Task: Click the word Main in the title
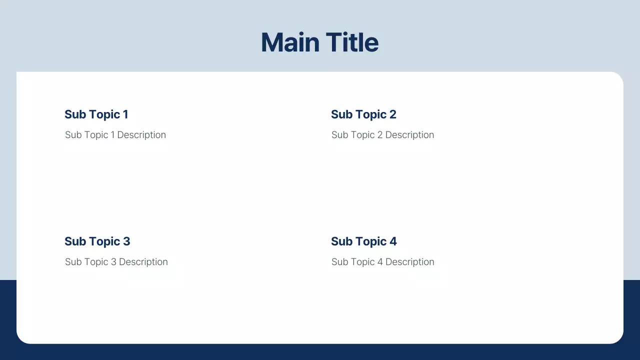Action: tap(290, 42)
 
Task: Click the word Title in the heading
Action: tap(352, 42)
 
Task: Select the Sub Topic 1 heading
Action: tap(96, 114)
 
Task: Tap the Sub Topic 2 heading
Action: tap(363, 114)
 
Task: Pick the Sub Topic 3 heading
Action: tap(97, 241)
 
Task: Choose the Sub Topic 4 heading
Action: tap(363, 241)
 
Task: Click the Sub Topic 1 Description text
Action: tap(115, 135)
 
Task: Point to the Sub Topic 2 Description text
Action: tap(382, 135)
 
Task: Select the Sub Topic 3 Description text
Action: tap(116, 262)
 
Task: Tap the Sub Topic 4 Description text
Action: tap(382, 262)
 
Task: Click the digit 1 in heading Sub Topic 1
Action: tap(125, 114)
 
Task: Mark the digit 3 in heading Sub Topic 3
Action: tap(126, 241)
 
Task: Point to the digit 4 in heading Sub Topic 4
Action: tap(393, 241)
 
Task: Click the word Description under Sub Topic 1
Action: tap(141, 135)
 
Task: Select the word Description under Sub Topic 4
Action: tap(409, 262)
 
